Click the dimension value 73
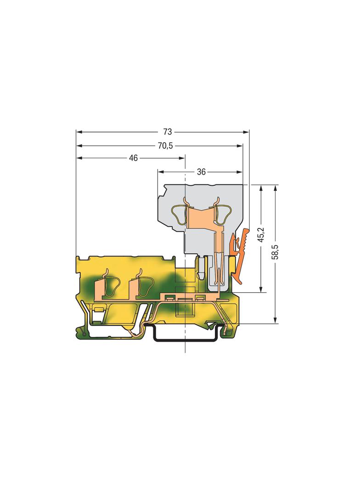pos(167,132)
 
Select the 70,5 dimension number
pos(165,145)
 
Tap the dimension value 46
pos(133,158)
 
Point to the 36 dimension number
pos(202,172)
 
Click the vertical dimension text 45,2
pos(261,234)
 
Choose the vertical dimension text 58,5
pos(275,252)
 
